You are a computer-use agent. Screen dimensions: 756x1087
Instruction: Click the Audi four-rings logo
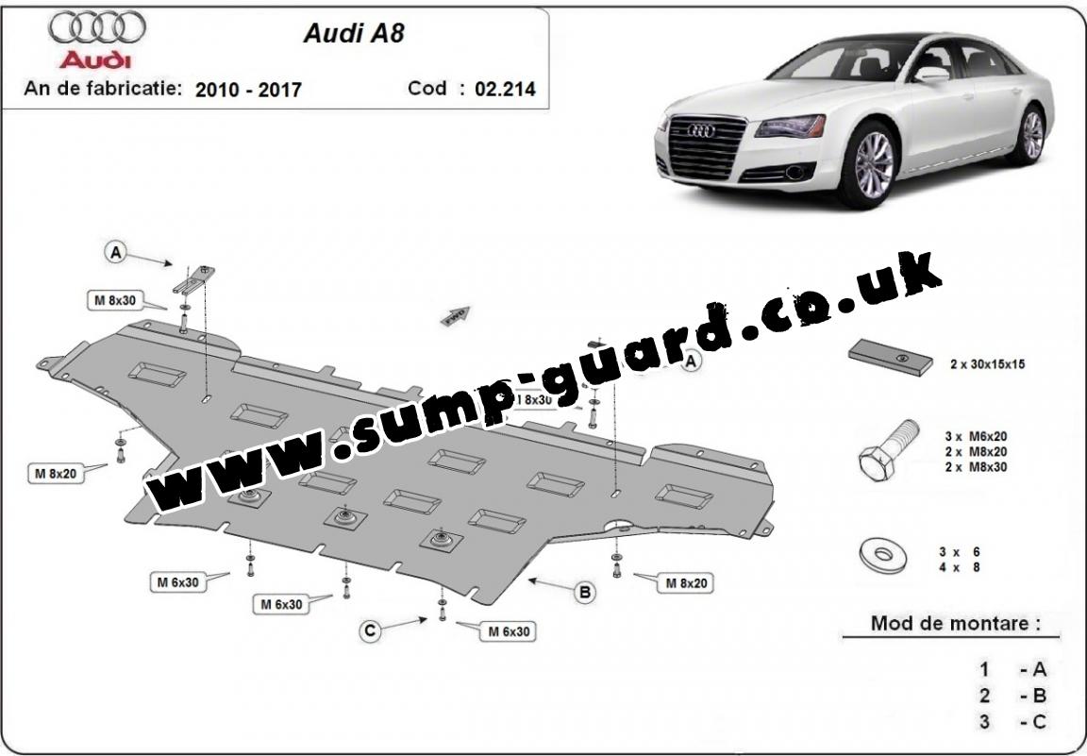[97, 28]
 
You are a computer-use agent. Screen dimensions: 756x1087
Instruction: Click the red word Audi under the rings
[96, 59]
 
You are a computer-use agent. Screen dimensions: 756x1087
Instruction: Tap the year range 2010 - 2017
[248, 90]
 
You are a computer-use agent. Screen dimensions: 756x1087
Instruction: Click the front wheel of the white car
[873, 164]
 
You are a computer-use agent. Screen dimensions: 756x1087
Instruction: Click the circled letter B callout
[585, 592]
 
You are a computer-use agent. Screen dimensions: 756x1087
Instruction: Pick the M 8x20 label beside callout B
[686, 583]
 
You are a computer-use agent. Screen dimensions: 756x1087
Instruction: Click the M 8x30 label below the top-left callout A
[114, 300]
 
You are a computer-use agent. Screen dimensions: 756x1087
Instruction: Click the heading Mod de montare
[956, 623]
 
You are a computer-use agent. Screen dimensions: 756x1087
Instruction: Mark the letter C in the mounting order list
[1039, 722]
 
